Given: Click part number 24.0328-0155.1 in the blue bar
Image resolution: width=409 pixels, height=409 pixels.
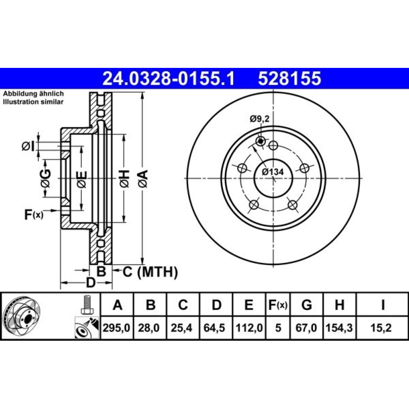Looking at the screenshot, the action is (x=169, y=79).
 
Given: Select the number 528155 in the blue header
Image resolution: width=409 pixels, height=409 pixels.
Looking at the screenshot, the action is (x=289, y=79).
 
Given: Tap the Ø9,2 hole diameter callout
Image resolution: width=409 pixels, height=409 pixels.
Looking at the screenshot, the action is (x=259, y=119).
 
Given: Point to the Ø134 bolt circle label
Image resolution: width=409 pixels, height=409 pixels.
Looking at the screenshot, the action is (x=272, y=172).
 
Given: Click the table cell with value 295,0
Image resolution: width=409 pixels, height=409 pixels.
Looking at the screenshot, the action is (x=117, y=328).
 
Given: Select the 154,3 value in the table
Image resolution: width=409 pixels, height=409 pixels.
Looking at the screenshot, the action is (x=339, y=328).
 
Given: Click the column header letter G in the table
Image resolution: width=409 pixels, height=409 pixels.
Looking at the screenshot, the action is (x=306, y=305).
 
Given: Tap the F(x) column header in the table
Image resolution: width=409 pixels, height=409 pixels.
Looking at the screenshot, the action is (x=278, y=305).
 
